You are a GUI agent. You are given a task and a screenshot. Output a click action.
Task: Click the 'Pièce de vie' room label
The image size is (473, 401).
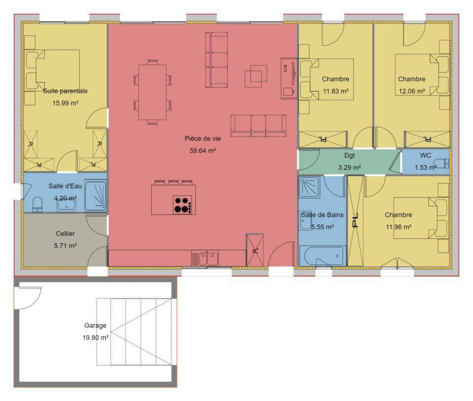point(203,138)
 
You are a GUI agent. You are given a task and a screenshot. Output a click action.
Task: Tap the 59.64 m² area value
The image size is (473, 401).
point(203,150)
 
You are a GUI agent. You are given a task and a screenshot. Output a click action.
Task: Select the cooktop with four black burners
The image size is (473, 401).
point(182,205)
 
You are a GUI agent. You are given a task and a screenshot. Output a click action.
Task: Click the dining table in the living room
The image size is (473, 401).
point(152,92)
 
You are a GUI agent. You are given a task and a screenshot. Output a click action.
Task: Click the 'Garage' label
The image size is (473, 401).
point(95,325)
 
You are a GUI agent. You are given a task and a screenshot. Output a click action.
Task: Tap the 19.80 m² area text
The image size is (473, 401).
point(95,337)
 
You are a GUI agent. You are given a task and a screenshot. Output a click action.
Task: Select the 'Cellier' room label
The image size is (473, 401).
point(65,234)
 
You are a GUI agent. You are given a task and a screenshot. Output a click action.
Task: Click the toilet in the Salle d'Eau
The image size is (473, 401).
point(37,204)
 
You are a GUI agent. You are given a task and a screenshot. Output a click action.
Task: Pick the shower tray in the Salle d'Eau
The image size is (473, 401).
point(95,196)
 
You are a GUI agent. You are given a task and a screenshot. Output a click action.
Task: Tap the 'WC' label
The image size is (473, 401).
point(425,155)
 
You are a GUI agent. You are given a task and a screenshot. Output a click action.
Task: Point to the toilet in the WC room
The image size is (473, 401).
point(443,163)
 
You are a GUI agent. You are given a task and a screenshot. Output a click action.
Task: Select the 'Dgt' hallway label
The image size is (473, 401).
point(349,155)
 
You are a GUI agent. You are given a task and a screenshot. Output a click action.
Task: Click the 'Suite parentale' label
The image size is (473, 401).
point(65,91)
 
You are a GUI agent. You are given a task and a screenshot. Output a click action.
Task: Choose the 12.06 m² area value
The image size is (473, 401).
point(412,91)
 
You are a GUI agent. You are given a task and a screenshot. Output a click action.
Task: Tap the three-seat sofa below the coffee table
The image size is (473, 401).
point(259,126)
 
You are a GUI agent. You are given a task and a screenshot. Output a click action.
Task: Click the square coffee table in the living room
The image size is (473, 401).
point(256,76)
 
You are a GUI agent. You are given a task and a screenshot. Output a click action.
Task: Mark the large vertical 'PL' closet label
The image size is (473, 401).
point(355,220)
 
